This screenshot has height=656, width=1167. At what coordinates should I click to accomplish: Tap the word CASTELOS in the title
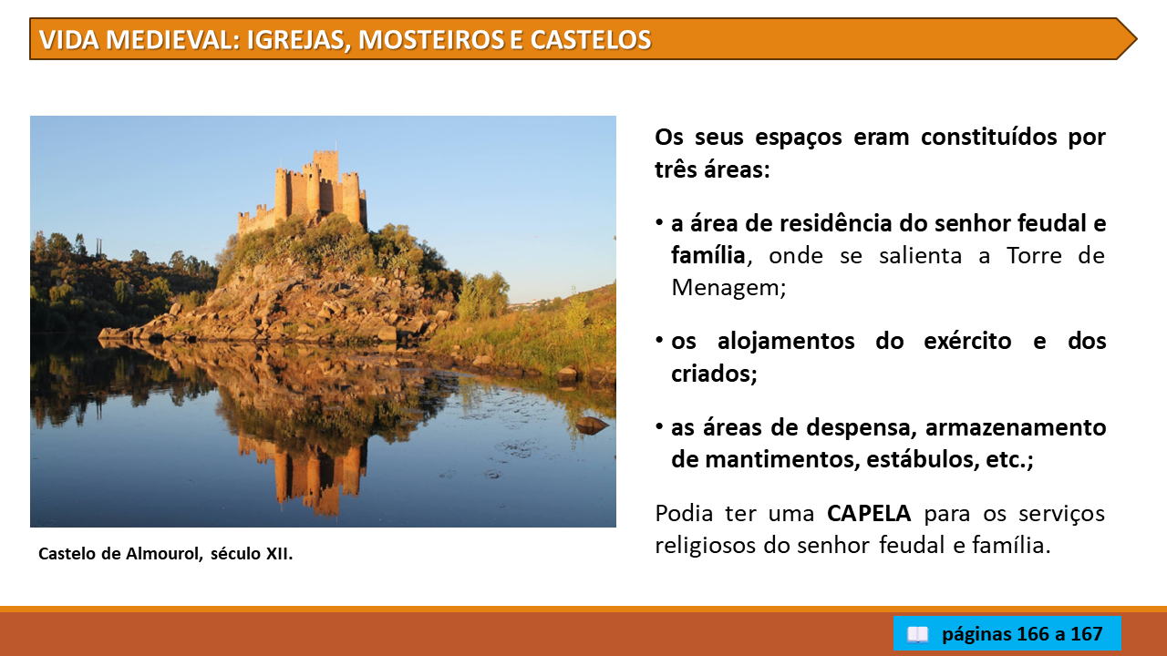tap(591, 39)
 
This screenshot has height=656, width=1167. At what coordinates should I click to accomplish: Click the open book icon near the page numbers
tap(917, 634)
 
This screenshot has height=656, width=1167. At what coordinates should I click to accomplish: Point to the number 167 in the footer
tap(1086, 633)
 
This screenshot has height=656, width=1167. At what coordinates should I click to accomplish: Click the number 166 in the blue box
tap(1032, 633)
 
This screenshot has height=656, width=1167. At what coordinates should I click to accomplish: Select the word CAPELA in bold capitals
tap(869, 513)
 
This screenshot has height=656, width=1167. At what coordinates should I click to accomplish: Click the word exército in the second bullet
tap(967, 341)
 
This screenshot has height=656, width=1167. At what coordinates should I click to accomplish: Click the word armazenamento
tap(1016, 427)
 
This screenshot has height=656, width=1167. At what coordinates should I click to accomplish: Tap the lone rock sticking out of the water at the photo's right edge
tap(592, 425)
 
